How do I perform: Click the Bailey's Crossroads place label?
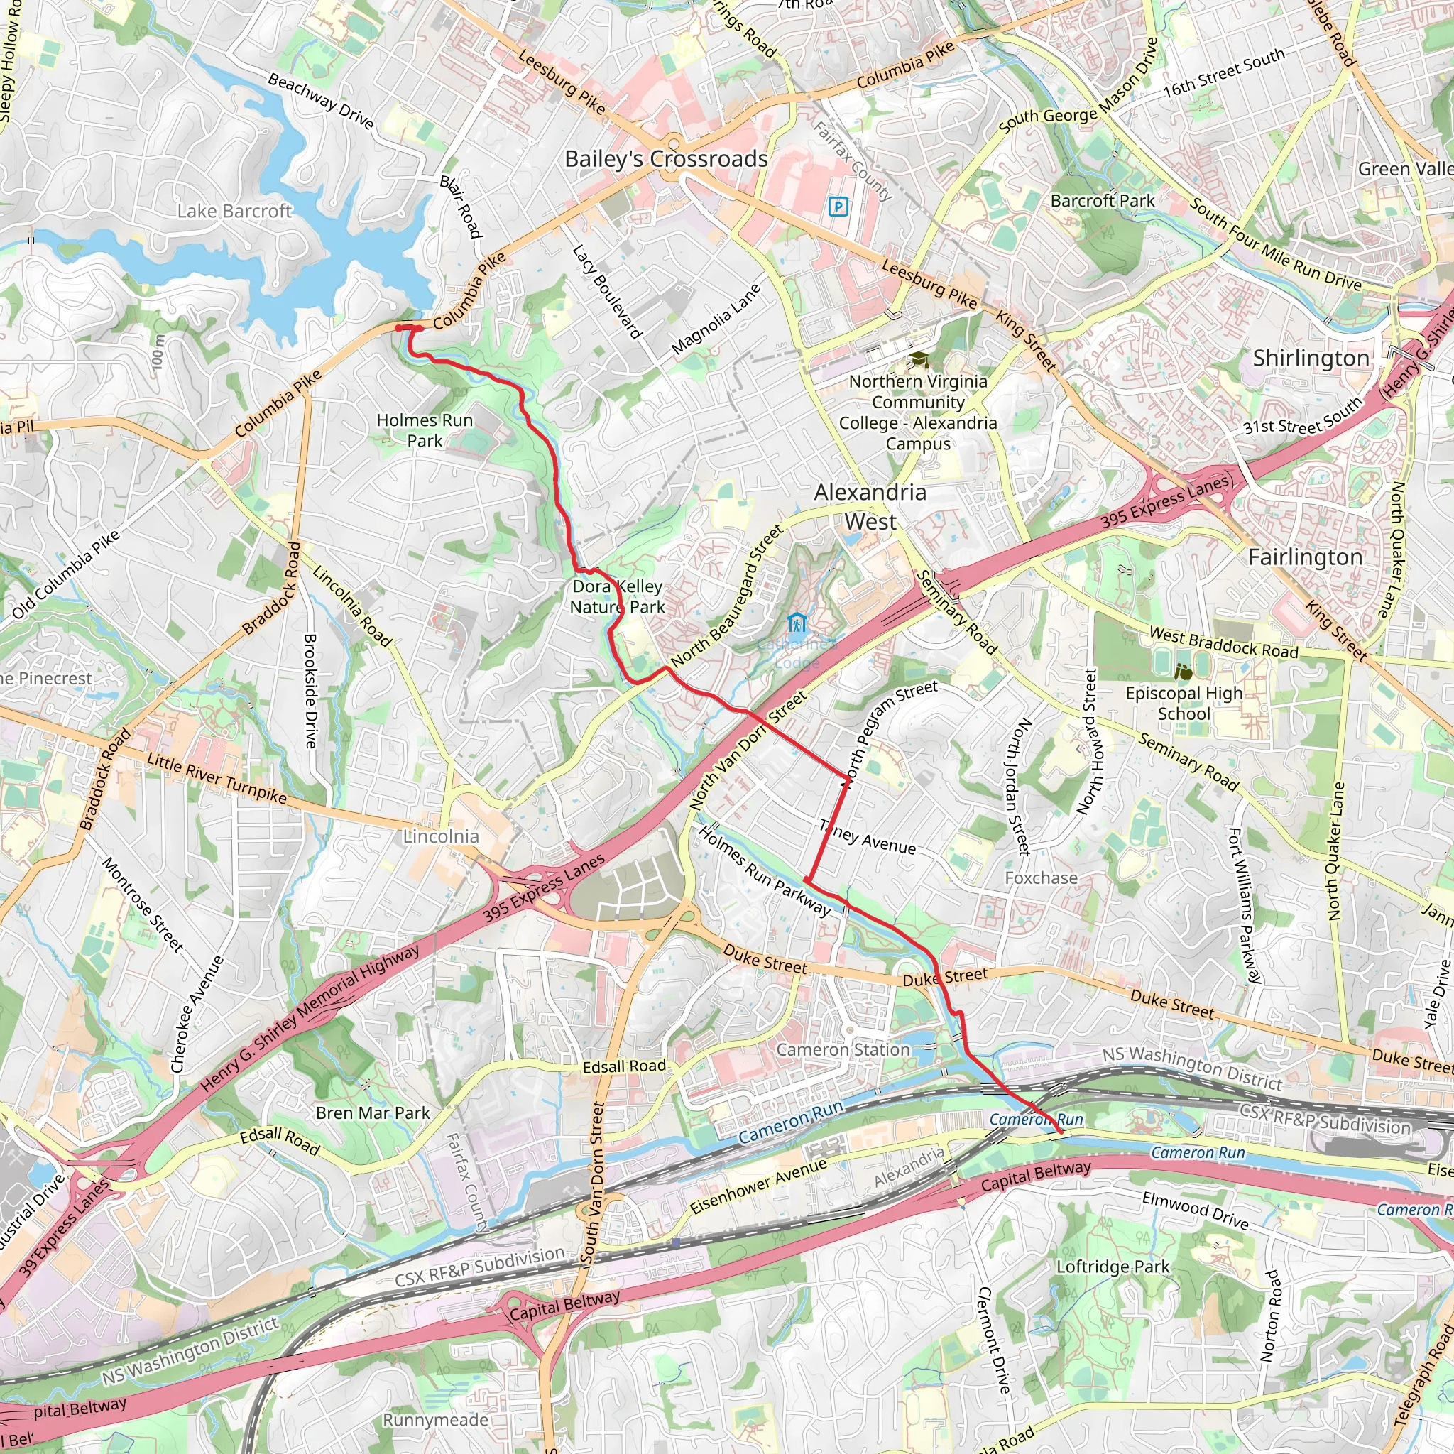[x=666, y=159]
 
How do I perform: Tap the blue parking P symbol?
[x=838, y=206]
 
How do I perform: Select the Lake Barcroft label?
[x=234, y=212]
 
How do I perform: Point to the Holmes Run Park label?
[x=425, y=430]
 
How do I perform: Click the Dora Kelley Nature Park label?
[x=617, y=597]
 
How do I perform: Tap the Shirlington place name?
[x=1311, y=359]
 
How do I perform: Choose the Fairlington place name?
[x=1305, y=557]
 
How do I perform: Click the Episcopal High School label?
[x=1184, y=703]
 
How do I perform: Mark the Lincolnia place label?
[x=441, y=837]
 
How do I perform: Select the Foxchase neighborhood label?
[x=1041, y=878]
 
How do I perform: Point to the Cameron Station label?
[x=843, y=1050]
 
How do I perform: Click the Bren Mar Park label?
[x=373, y=1113]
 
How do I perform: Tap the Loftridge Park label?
[x=1113, y=1267]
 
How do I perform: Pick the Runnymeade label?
[x=436, y=1420]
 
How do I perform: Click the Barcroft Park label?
[x=1102, y=201]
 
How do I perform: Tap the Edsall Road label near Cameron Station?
[x=624, y=1066]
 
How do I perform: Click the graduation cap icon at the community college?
[x=917, y=360]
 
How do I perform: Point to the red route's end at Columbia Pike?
[x=399, y=327]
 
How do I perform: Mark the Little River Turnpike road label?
[x=217, y=778]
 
